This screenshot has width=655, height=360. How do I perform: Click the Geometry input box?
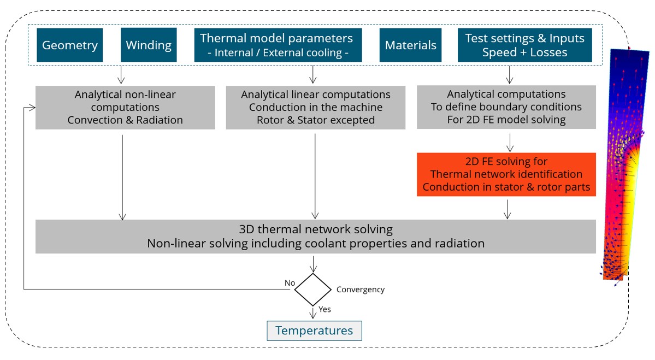pos(70,45)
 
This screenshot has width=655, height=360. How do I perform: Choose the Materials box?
pos(411,45)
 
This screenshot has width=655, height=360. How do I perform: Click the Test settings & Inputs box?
pos(524,45)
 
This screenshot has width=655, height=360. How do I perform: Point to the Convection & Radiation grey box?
pos(125,107)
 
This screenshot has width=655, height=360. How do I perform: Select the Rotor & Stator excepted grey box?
pos(315,107)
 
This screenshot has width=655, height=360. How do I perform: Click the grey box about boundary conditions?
pos(506,107)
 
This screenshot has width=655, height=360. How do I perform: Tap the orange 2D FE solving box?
pos(506,174)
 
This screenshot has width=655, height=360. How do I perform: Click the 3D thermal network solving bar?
pos(315,236)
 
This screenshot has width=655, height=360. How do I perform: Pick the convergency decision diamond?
pos(313,290)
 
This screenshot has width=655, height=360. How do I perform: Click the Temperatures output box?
pos(314,331)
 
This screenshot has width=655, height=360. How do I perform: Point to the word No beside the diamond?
pos(290,282)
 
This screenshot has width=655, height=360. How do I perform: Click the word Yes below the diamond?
pos(324,309)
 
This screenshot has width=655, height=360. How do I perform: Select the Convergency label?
pos(360,290)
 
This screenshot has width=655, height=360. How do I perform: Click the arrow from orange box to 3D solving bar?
pos(508,209)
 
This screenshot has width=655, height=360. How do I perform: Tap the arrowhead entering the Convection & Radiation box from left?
pos(32,108)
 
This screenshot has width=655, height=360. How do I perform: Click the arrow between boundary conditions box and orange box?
pos(509,142)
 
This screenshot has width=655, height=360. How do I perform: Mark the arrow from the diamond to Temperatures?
pos(313,313)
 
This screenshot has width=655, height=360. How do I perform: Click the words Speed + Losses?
pos(524,52)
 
